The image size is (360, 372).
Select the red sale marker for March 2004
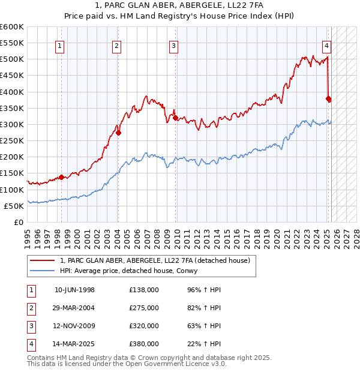tap(119, 133)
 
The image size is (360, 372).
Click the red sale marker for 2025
tap(328, 98)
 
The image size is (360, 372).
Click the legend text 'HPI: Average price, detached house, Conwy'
tap(137, 271)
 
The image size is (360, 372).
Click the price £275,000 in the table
tap(144, 308)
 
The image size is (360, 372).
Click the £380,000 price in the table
tap(144, 344)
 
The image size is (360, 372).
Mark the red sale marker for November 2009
tap(176, 118)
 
